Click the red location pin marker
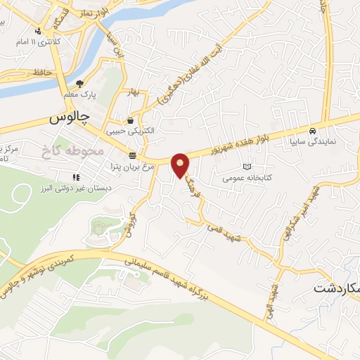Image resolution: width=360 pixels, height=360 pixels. point(181,164)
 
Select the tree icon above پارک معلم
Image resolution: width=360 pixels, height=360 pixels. point(79,82)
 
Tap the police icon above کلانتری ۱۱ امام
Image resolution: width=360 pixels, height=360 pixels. point(39,30)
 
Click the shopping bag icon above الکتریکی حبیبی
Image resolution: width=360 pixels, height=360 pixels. point(131,120)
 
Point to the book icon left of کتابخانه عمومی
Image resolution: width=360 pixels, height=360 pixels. point(246,167)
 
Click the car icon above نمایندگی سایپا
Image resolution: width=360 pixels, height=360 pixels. point(311,130)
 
